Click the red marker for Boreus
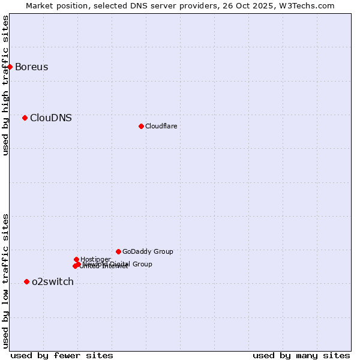coord(10,67)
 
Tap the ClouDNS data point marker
coord(25,118)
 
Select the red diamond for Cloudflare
coord(141,126)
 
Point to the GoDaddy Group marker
coord(118,251)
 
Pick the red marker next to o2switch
coord(26,281)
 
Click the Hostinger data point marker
coord(76,259)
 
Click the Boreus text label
coord(31,67)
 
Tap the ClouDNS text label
coord(50,118)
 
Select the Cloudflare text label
coord(161,126)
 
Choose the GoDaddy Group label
coord(147,251)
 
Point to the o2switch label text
coord(52,281)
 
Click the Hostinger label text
coord(95,259)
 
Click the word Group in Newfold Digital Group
coord(142,264)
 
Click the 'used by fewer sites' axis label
coord(62,355)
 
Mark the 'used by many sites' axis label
coord(301,355)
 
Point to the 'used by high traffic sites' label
coord(5,85)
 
